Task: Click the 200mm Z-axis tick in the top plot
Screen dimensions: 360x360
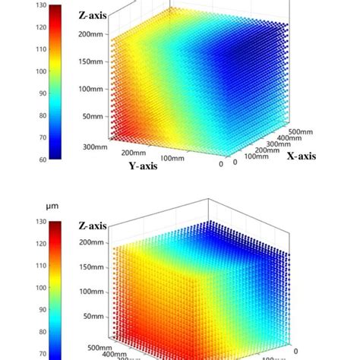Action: [x=94, y=35]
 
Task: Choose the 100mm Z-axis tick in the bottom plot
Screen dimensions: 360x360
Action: [x=94, y=292]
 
